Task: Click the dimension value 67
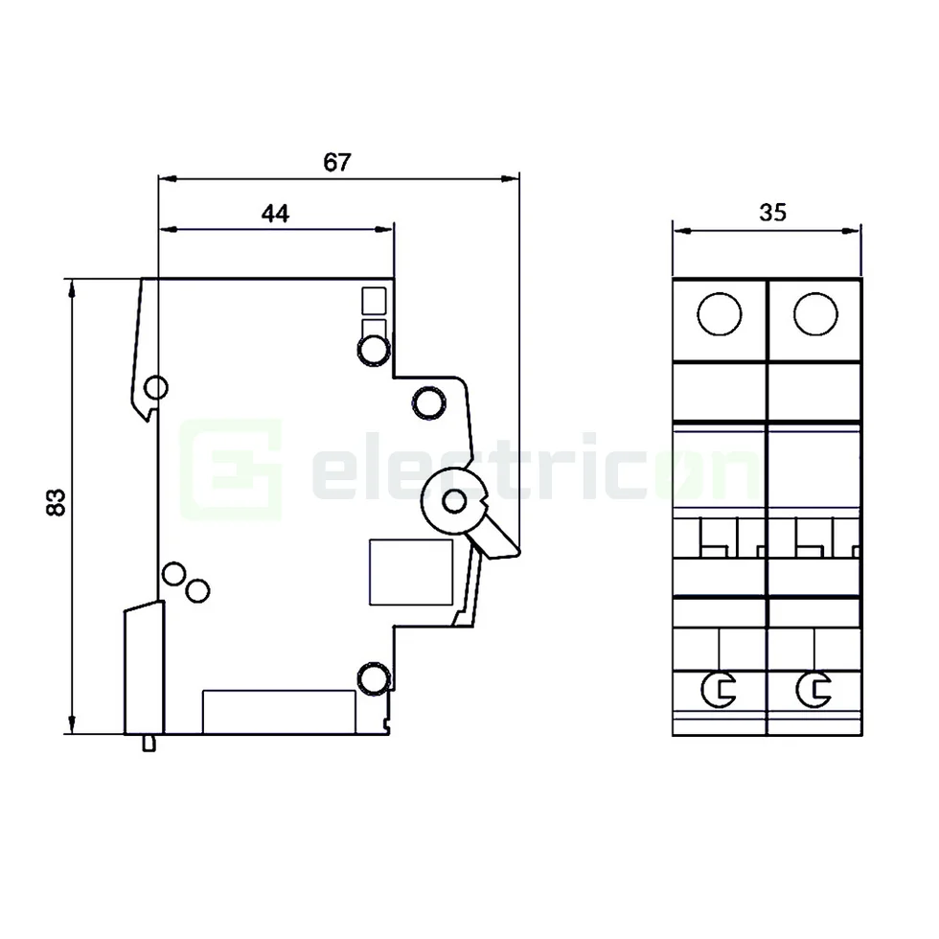point(336,162)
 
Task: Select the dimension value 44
point(275,214)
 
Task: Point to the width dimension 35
point(772,213)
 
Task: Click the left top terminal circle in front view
point(719,314)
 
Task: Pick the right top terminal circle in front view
point(814,314)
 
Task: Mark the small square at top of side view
point(373,301)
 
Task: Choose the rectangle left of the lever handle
point(411,572)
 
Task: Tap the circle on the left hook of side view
point(155,388)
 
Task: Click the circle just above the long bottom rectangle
point(374,678)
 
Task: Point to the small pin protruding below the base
point(149,743)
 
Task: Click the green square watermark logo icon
point(233,468)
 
